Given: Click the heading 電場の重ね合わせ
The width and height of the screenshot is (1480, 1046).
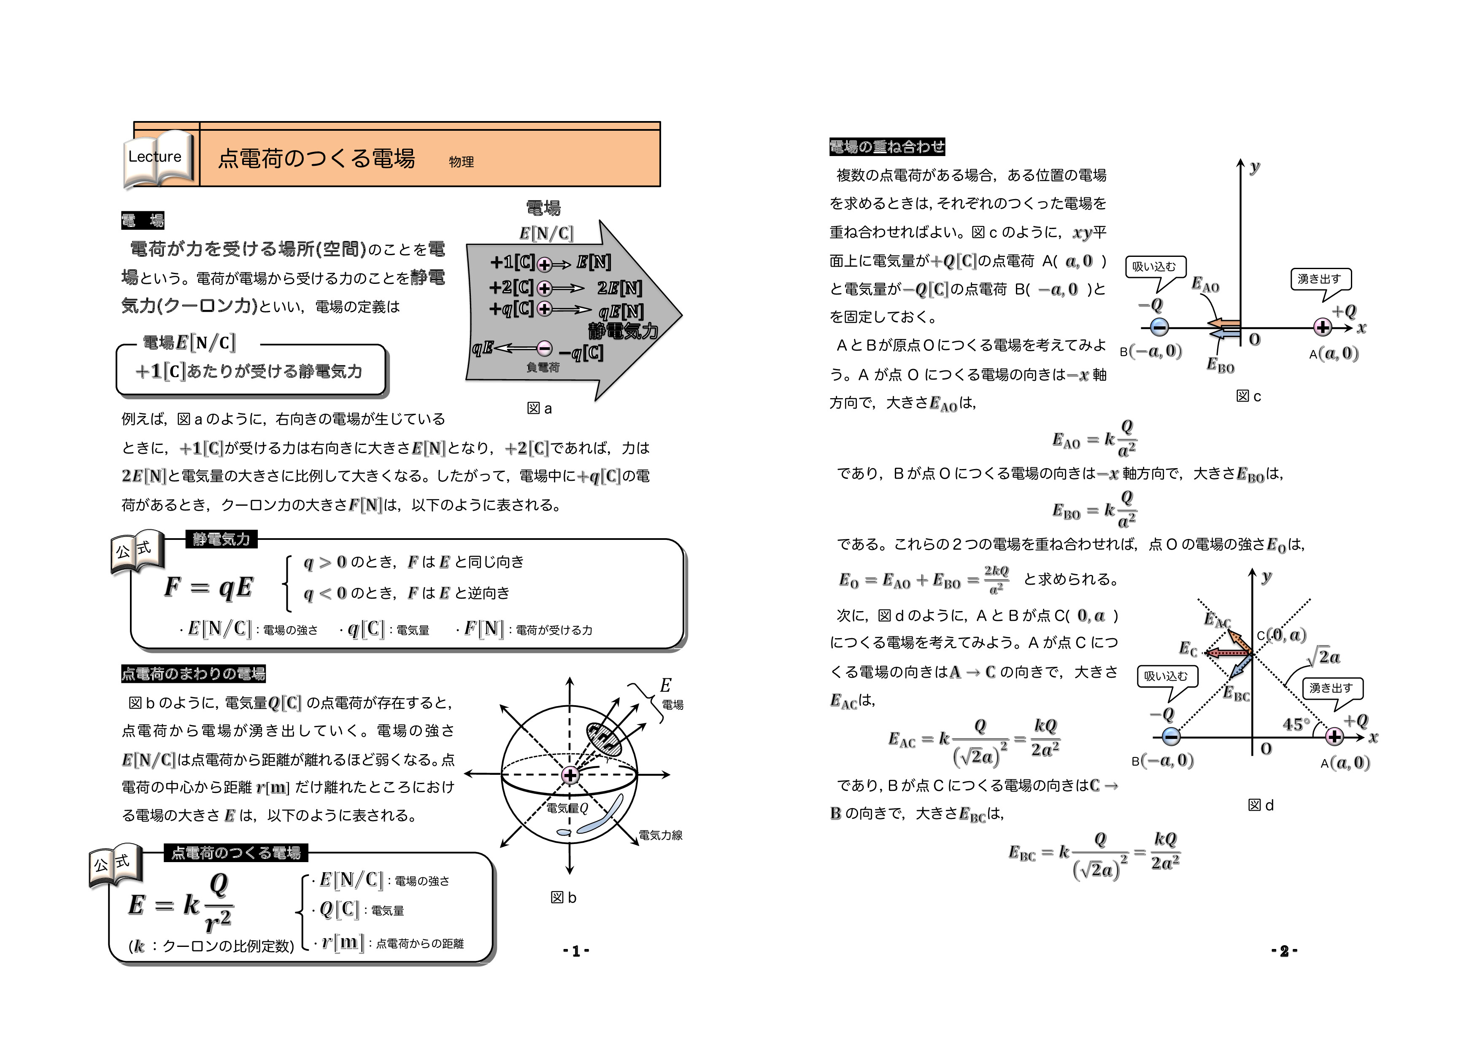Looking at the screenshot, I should coord(887,147).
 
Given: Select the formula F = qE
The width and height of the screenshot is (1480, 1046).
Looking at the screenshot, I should coord(208,587).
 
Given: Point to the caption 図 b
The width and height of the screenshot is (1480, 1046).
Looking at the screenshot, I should coord(563,897).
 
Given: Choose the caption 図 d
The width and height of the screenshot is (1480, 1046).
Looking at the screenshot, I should coord(1261,805).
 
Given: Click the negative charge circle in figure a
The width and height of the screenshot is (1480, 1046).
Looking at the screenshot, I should coord(545,349).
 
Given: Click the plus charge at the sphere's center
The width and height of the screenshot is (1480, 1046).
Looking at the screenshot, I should coord(570,775).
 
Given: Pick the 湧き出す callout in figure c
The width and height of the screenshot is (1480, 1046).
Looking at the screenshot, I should coord(1320,279).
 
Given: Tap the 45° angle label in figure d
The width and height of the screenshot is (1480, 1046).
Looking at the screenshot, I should coord(1296,725).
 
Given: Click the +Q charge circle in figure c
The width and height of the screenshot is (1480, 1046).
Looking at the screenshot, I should coord(1323,327).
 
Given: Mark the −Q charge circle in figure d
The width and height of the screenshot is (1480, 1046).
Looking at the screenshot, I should coord(1171,737).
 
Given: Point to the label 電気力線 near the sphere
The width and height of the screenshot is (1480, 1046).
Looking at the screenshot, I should coord(660,835).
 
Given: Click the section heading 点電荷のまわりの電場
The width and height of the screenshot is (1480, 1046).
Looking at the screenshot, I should coord(193,674).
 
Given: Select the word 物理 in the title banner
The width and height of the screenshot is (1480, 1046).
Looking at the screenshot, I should coord(462,162).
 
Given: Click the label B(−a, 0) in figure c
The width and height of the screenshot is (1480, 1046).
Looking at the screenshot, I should coord(1151,351).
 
